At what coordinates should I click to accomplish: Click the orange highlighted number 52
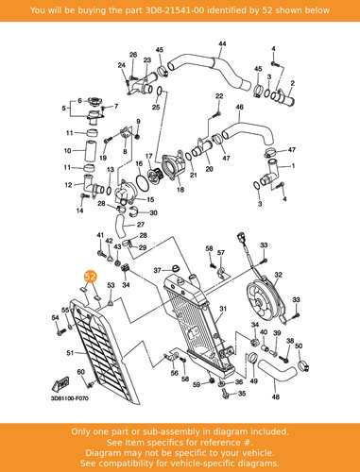pos(90,277)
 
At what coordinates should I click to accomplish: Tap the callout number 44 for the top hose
pos(222,43)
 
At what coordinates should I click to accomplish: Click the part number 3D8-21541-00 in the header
pos(174,10)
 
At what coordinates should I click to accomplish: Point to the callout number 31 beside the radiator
pos(223,309)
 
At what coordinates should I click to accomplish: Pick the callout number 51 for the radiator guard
pos(70,353)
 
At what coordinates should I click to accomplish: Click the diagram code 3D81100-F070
pos(70,398)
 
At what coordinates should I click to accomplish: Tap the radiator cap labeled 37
pos(174,268)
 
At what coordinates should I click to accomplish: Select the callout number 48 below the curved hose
pos(276,396)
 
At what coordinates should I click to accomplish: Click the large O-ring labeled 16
pos(143,182)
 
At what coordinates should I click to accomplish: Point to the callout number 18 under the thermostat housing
pos(180,190)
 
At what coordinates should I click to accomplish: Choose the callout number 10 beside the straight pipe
pos(67,151)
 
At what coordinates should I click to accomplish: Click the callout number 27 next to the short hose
pos(141,225)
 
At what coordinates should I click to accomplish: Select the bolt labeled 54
pos(60,331)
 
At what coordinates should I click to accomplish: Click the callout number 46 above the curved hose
pos(240,107)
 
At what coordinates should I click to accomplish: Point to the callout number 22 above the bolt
pos(219,96)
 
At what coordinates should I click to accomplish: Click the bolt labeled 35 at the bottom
pos(225,394)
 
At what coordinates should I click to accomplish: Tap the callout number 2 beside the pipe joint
pos(293,83)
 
